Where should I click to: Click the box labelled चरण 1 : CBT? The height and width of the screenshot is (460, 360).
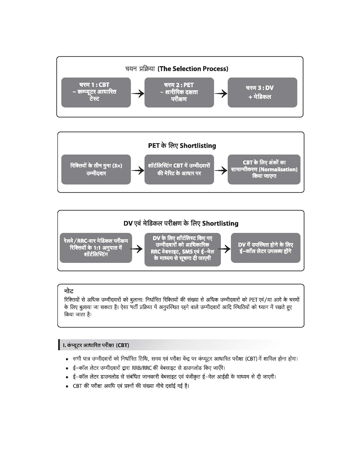pos(96,92)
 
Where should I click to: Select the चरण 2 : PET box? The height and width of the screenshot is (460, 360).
pos(179,92)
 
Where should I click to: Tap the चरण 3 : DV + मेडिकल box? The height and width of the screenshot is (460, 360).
pos(262,92)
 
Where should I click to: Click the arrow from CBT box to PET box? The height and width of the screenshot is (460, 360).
pos(138,93)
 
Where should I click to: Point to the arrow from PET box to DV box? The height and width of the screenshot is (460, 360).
pos(221,93)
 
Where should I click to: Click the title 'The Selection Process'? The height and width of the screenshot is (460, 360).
pos(193,69)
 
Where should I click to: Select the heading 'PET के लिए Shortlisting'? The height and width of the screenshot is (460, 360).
pos(182,145)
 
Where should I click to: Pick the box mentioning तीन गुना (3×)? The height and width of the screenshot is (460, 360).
pos(96,169)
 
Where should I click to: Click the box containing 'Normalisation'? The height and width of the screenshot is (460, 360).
pos(264,169)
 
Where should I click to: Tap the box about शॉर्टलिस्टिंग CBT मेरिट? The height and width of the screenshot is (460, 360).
pos(179,169)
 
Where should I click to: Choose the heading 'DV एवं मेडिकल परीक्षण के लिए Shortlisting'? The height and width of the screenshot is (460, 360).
pos(181,223)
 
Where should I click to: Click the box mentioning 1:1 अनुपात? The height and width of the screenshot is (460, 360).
pos(96,247)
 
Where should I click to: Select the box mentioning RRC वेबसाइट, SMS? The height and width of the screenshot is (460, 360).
pos(182,249)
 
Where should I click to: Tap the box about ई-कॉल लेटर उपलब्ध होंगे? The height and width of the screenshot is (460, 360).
pos(266,248)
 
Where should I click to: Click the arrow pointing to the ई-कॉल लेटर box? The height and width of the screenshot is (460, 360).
pos(226,249)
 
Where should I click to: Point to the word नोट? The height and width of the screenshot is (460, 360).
pos(69,291)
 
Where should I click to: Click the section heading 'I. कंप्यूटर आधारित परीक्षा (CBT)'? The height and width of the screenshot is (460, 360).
pos(96,345)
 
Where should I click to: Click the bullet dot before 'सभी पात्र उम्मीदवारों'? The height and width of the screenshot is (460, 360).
pos(67,359)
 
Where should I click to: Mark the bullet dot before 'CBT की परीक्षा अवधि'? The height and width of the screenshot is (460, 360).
pos(67,386)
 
